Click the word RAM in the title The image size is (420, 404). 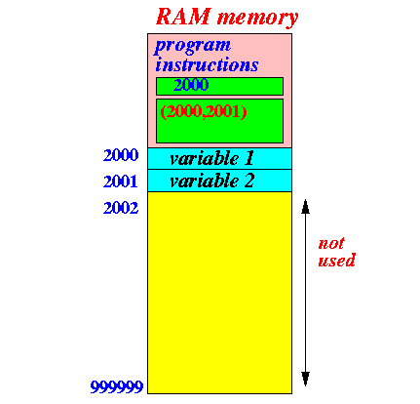pyautogui.click(x=183, y=17)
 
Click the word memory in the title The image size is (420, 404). pyautogui.click(x=257, y=19)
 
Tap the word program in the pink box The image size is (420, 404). pyautogui.click(x=193, y=47)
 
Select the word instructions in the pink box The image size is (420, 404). pyautogui.click(x=207, y=64)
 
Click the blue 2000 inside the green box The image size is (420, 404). pyautogui.click(x=191, y=85)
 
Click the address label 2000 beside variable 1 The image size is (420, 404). pyautogui.click(x=121, y=155)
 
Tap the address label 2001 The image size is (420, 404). pyautogui.click(x=121, y=182)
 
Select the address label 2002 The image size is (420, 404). pyautogui.click(x=121, y=208)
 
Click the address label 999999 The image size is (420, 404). pyautogui.click(x=117, y=386)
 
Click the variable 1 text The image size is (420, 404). pyautogui.click(x=211, y=158)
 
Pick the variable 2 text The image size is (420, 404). pyautogui.click(x=211, y=181)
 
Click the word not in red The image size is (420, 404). pyautogui.click(x=331, y=243)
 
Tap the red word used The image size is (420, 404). pyautogui.click(x=337, y=261)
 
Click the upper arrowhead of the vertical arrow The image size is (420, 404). pyautogui.click(x=305, y=207)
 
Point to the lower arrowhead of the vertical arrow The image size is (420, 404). pyautogui.click(x=305, y=379)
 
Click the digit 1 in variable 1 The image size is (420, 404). pyautogui.click(x=248, y=158)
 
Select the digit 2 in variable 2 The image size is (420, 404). pyautogui.click(x=248, y=181)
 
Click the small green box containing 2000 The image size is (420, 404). pyautogui.click(x=219, y=86)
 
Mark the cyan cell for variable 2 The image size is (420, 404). pyautogui.click(x=219, y=181)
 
